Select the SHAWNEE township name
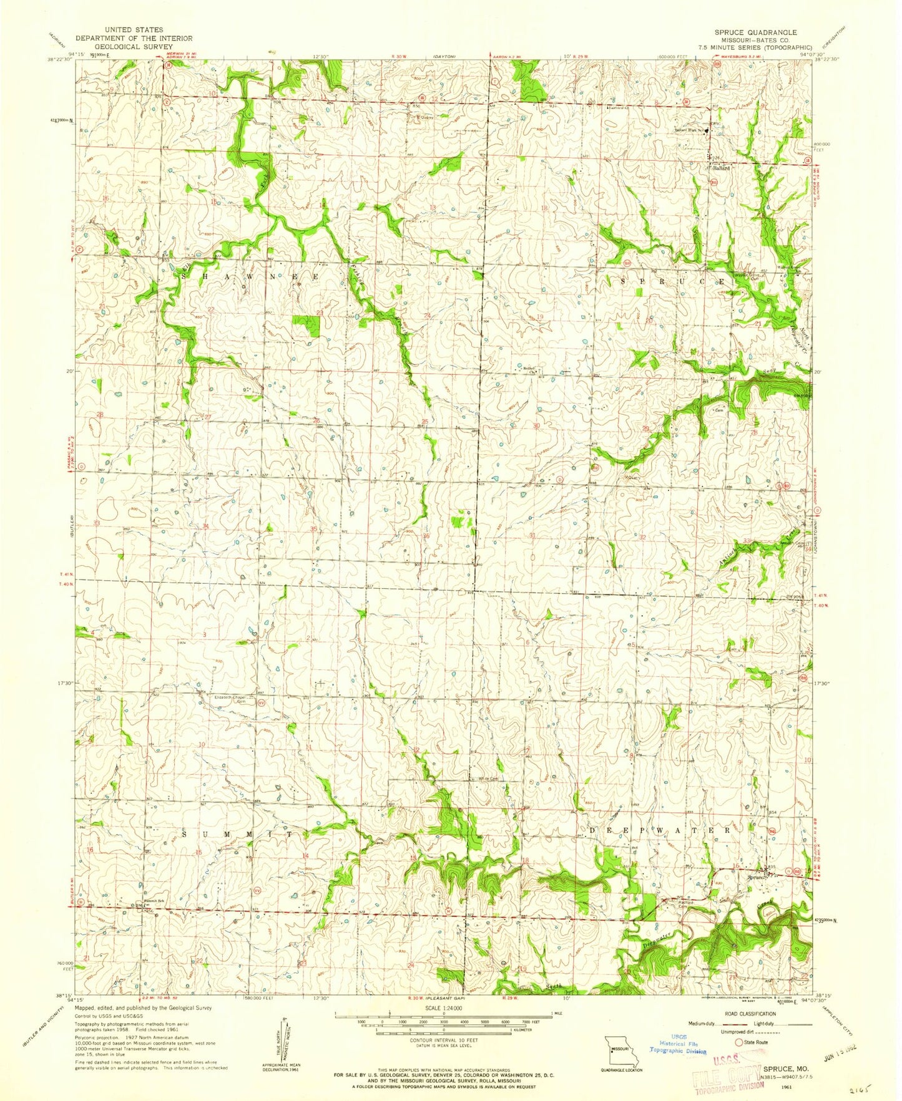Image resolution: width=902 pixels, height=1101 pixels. point(251,276)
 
